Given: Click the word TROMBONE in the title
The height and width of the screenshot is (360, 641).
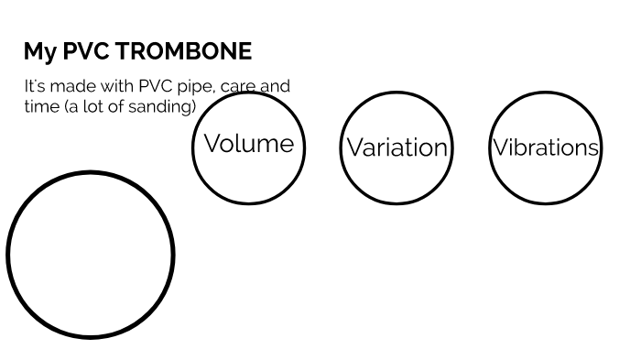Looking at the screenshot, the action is pos(183,51).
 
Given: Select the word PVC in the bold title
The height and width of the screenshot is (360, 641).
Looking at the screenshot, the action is pos(86,51).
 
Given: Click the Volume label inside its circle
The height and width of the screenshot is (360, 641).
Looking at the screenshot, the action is pos(249,144).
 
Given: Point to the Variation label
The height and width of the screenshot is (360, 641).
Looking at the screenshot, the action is pos(397,147).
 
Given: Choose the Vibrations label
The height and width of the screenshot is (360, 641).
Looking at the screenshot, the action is pos(546,147).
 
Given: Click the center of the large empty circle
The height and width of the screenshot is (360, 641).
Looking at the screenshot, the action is pos(91,255).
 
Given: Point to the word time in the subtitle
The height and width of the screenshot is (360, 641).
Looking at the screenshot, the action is pos(42,107).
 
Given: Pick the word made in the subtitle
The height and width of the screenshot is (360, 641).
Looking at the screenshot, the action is pos(72,86).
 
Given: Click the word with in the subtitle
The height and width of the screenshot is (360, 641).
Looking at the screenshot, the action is pos(117,86).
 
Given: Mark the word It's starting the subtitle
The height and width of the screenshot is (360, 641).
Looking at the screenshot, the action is pos(35,86).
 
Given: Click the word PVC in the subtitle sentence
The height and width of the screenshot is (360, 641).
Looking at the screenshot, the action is pos(156,86).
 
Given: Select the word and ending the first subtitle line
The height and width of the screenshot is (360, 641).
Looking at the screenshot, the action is pos(275,86).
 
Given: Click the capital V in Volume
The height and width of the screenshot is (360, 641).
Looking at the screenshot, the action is pos(213,143).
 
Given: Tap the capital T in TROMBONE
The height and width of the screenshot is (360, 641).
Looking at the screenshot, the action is pos(124,51).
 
